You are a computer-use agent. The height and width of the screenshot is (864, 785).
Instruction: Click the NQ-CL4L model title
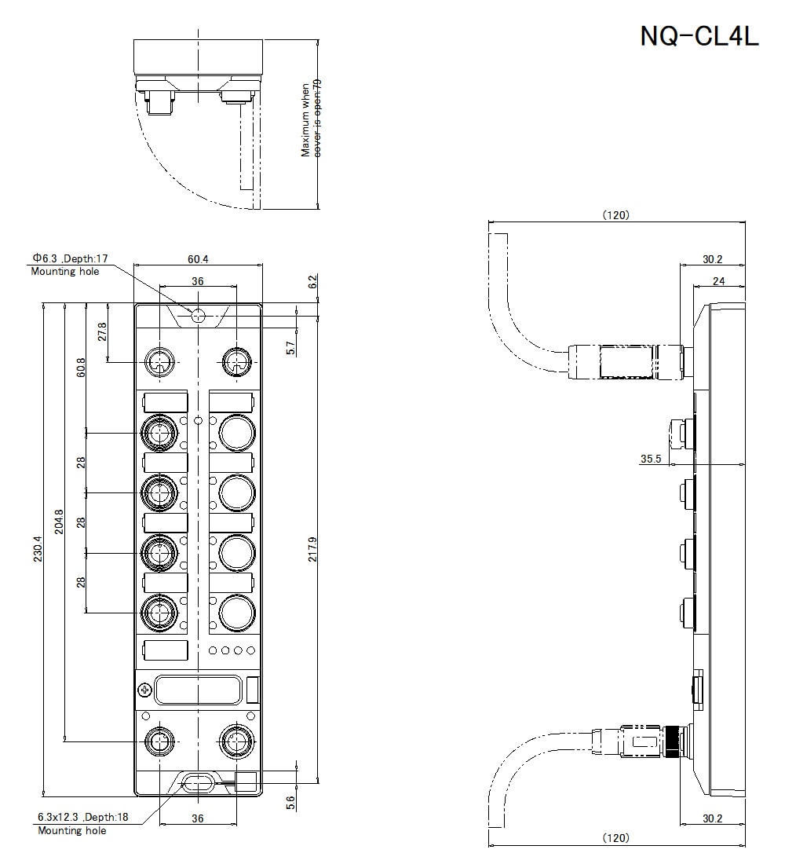[x=699, y=36]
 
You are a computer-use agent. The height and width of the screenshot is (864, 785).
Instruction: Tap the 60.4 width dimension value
[x=198, y=259]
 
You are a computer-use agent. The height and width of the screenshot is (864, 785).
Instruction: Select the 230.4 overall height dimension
[x=38, y=549]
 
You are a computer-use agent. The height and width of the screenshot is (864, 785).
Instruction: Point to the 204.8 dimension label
[x=59, y=522]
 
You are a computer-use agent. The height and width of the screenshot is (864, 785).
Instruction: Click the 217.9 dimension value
[x=312, y=549]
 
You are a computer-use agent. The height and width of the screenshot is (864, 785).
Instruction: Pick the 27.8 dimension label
[x=102, y=331]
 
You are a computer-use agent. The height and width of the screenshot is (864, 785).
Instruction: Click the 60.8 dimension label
[x=81, y=368]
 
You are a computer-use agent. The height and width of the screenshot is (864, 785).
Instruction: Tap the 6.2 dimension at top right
[x=312, y=282]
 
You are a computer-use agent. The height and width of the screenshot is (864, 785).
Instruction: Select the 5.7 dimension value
[x=291, y=348]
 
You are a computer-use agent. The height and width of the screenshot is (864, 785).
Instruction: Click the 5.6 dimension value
[x=291, y=802]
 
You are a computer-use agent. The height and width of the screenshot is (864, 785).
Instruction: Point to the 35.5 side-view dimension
[x=651, y=459]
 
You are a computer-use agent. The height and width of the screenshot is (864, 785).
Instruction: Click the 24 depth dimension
[x=719, y=281]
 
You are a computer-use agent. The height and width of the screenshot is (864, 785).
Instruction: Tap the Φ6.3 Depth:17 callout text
[x=69, y=258]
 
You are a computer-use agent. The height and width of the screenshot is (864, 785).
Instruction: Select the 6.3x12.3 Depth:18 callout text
[x=82, y=817]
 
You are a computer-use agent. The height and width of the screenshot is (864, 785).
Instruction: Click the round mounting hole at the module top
[x=199, y=317]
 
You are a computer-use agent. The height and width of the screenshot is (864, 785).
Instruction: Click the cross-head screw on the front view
[x=145, y=690]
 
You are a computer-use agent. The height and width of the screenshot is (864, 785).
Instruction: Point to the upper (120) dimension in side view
[x=616, y=215]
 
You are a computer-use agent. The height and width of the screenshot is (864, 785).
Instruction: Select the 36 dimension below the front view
[x=198, y=818]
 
